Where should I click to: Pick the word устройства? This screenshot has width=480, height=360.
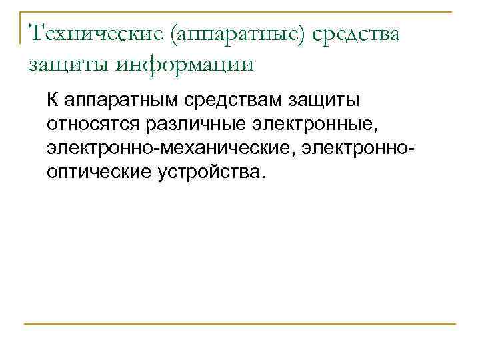[x=209, y=171]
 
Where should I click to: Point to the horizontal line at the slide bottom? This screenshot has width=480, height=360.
[x=240, y=324]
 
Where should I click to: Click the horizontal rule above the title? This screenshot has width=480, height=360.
[x=240, y=12]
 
